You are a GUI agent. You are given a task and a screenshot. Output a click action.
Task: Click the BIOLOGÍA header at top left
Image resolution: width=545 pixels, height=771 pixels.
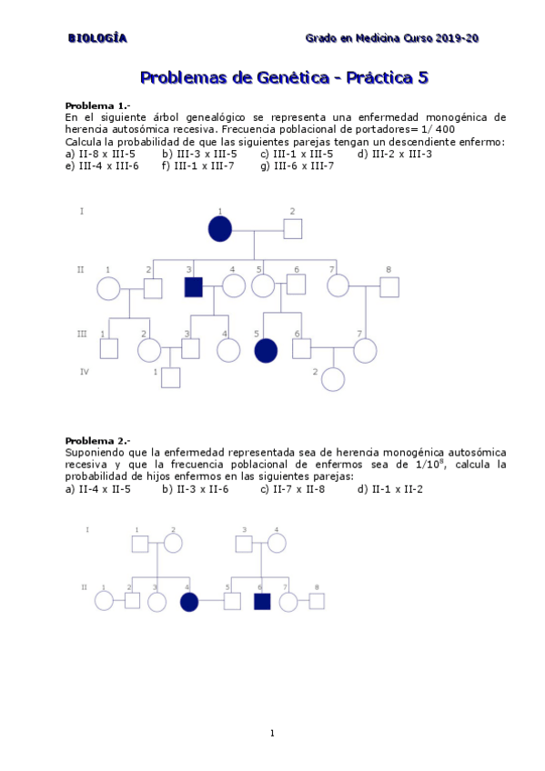coord(97,37)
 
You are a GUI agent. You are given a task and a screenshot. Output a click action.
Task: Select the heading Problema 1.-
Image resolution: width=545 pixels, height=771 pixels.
coord(97,105)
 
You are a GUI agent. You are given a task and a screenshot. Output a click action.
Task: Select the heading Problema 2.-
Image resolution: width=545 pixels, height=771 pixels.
coord(97,440)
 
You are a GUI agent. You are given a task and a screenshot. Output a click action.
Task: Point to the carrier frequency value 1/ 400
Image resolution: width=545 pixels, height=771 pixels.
coord(436,129)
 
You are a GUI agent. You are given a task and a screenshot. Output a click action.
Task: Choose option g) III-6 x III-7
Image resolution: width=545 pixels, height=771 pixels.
coord(297,165)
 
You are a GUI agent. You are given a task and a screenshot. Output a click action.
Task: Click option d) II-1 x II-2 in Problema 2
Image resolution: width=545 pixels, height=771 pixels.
coord(389,488)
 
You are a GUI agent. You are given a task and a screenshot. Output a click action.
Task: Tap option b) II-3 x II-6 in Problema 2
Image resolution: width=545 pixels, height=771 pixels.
coord(195,488)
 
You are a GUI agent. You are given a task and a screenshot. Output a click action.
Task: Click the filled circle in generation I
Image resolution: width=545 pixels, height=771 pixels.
coord(220,229)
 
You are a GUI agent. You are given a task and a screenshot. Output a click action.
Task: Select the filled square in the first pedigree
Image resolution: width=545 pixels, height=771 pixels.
coord(193,287)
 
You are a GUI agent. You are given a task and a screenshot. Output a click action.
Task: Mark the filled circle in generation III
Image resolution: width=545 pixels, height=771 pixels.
coord(266,350)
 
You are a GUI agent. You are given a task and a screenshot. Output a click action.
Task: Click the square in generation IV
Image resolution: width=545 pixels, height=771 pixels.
coord(170,377)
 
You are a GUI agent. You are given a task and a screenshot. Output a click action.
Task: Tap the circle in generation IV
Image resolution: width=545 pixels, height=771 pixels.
coord(333,379)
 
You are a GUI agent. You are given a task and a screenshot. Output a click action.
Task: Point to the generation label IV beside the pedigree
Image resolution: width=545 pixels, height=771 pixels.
coord(83,371)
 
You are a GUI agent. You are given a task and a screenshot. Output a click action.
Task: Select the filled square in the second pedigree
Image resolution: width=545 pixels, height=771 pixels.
coord(262,601)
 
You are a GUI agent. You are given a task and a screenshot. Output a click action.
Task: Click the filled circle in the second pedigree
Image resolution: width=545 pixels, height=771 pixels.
coord(189,601)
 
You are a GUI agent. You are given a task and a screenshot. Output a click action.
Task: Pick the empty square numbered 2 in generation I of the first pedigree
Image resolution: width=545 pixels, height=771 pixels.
coord(292,229)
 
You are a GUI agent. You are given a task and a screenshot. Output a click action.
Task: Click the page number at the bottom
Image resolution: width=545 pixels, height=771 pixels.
coord(272,734)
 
